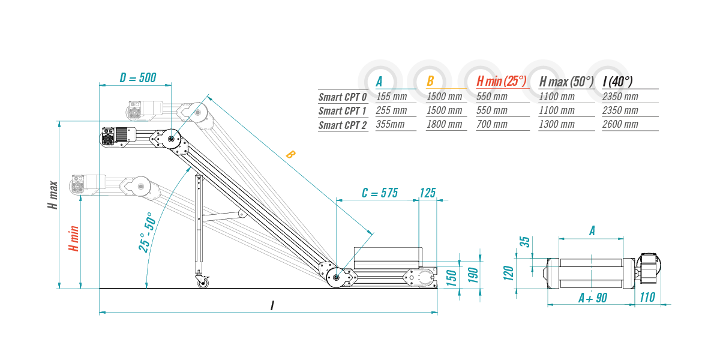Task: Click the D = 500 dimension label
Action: click(x=138, y=78)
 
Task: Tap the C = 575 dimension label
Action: click(x=380, y=193)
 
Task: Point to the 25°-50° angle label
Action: click(x=147, y=232)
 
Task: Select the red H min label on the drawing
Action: click(x=74, y=239)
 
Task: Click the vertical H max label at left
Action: click(x=53, y=195)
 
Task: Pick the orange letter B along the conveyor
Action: click(x=290, y=155)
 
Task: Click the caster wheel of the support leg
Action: click(x=203, y=283)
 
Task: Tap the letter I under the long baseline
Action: click(x=272, y=305)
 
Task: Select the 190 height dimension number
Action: click(x=473, y=275)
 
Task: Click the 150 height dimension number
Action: click(x=452, y=278)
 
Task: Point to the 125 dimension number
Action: click(x=427, y=193)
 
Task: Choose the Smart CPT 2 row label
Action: click(x=343, y=125)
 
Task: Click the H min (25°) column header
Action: click(x=502, y=82)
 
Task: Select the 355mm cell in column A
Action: click(x=390, y=124)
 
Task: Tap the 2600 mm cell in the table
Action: click(x=620, y=124)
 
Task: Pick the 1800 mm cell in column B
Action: click(x=444, y=124)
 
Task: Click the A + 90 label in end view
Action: click(x=593, y=298)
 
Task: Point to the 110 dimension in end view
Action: click(x=647, y=298)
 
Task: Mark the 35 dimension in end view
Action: click(x=524, y=242)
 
